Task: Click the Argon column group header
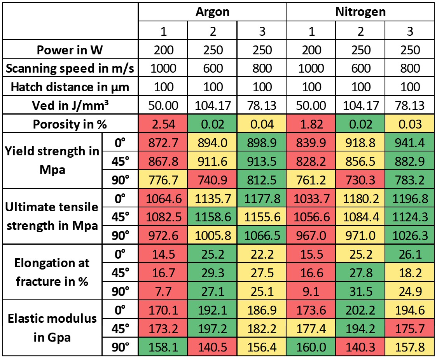coord(212,12)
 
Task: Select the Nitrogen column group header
coord(360,12)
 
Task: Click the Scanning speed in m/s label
coord(70,69)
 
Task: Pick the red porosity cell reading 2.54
coord(163,125)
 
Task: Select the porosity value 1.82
coord(311,125)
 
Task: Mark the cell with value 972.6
coord(163,236)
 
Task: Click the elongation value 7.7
coord(163,291)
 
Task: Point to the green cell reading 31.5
coord(360,291)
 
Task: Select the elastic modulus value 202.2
coord(360,310)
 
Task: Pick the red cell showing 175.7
coord(409,329)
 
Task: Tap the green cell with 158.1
coord(163,347)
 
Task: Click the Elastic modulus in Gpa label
coord(52,328)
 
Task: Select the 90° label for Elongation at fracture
coord(121,291)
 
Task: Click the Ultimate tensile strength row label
coord(52,217)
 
